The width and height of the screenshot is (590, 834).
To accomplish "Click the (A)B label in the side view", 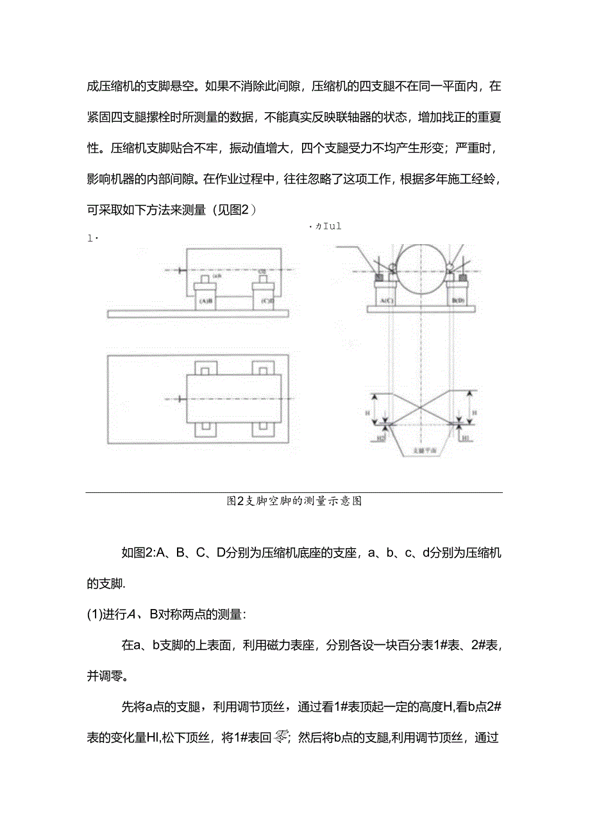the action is pyautogui.click(x=206, y=300).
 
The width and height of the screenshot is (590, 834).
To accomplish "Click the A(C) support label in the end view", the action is pyautogui.click(x=386, y=299).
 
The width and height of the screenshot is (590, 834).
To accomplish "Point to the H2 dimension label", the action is pyautogui.click(x=380, y=438).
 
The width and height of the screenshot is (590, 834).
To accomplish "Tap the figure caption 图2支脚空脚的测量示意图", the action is pyautogui.click(x=294, y=501).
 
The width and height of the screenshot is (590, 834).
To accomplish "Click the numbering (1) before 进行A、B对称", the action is pyautogui.click(x=95, y=614).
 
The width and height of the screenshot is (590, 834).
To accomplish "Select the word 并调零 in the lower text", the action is pyautogui.click(x=106, y=676).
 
